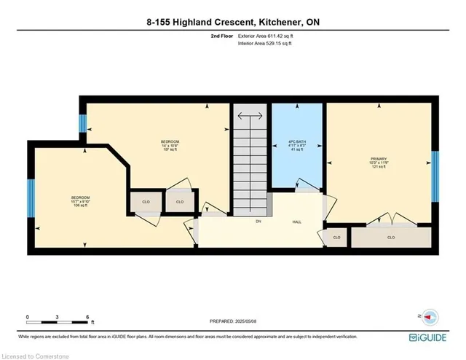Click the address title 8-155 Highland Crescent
click(232, 23)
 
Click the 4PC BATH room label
click(298, 145)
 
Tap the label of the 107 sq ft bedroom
click(170, 145)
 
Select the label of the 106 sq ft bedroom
click(80, 201)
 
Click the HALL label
click(297, 222)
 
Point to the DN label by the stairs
click(258, 222)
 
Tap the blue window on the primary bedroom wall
click(435, 174)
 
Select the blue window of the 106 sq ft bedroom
click(31, 198)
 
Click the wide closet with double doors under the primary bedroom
click(391, 238)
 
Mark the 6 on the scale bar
click(87, 318)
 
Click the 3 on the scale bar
click(58, 318)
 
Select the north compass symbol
click(428, 316)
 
